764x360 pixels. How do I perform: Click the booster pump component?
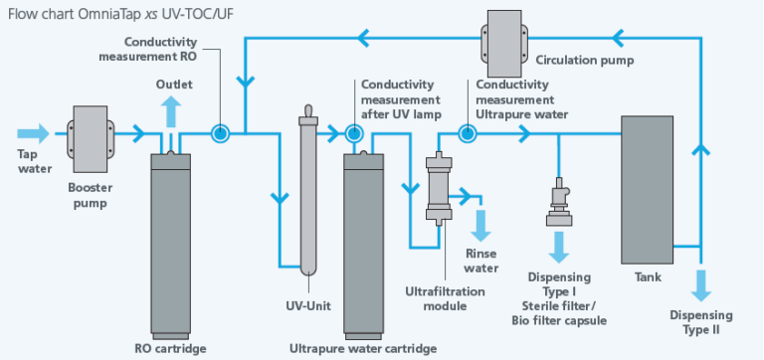[x=89, y=133]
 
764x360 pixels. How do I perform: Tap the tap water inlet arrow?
[x=32, y=133]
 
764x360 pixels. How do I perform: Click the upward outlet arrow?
[x=171, y=109]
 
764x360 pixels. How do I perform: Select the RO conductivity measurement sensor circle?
[x=219, y=132]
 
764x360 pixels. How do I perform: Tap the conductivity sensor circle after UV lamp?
[x=352, y=132]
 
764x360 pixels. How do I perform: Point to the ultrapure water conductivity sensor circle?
[x=465, y=132]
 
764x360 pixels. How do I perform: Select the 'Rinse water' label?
[x=481, y=261]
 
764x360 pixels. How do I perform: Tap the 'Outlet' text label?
[x=173, y=85]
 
